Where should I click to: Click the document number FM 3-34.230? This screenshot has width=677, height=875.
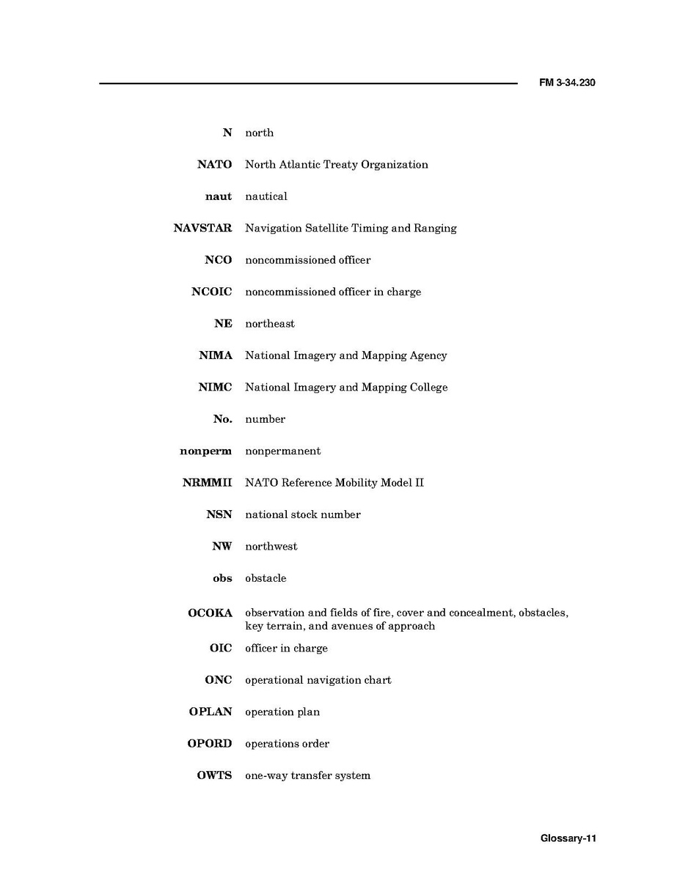tap(567, 83)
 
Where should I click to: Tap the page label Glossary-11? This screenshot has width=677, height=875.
tap(568, 838)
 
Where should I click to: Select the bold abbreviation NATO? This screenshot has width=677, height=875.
tap(214, 164)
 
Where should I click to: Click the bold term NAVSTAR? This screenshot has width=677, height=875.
tap(202, 228)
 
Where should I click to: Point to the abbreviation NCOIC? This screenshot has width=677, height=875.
tap(211, 292)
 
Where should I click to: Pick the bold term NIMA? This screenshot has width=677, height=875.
tap(215, 355)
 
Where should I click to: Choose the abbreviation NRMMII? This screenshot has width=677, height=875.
tap(207, 483)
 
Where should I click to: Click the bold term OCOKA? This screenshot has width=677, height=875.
tap(210, 613)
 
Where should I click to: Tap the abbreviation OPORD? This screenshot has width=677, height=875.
tap(209, 744)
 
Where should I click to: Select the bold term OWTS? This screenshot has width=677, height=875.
tap(214, 775)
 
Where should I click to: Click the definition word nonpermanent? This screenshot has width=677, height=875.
tap(282, 451)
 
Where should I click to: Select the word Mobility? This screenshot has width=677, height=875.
tap(357, 483)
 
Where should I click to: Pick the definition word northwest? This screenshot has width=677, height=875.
tap(271, 547)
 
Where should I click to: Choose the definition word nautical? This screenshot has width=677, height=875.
tap(266, 196)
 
